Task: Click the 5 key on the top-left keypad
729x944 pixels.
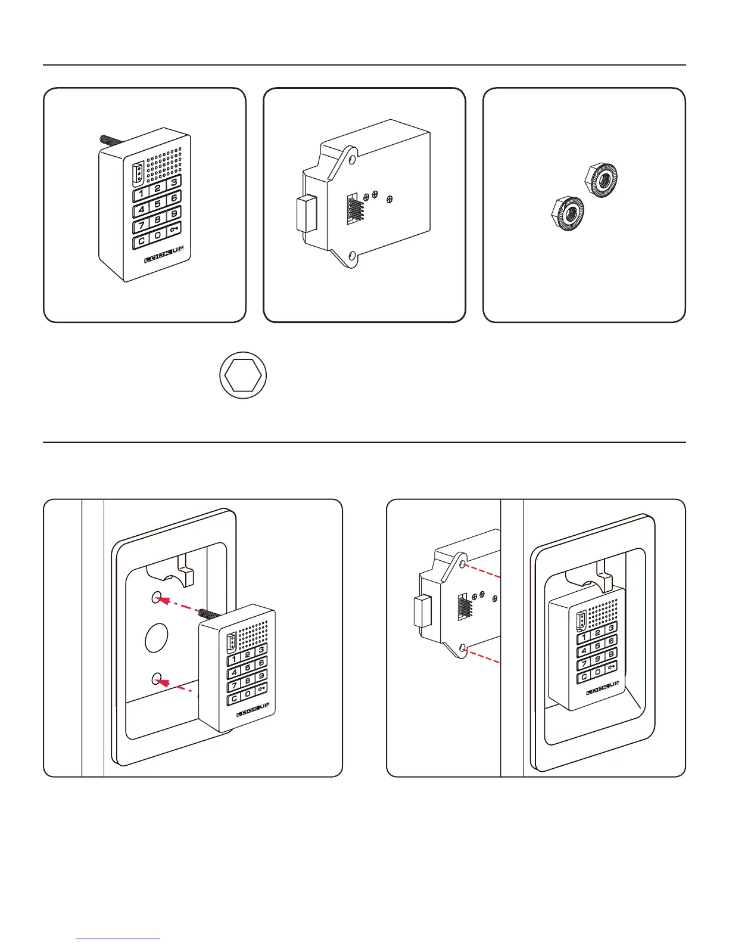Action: (157, 204)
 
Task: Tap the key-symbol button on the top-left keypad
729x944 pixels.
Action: (174, 229)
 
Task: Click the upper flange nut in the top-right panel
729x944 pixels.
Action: (602, 179)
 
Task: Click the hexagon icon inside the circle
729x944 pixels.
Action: (243, 375)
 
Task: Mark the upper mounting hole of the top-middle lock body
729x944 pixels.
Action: (353, 160)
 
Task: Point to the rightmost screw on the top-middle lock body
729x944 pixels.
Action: (390, 199)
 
